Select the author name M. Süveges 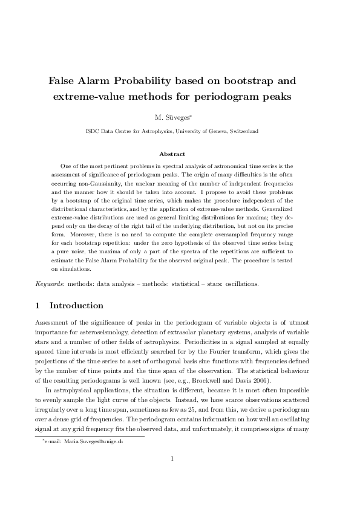(179, 115)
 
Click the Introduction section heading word (76, 306)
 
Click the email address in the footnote (93, 443)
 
